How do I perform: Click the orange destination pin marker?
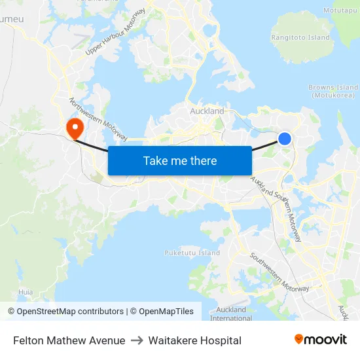pyautogui.click(x=75, y=126)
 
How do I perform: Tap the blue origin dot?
pyautogui.click(x=285, y=139)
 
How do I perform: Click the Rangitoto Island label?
pyautogui.click(x=301, y=38)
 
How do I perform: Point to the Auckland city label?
pyautogui.click(x=207, y=111)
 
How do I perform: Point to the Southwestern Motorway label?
pyautogui.click(x=278, y=272)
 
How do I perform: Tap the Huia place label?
pyautogui.click(x=26, y=292)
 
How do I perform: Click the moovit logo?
pyautogui.click(x=321, y=340)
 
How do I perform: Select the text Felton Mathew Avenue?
pyautogui.click(x=69, y=340)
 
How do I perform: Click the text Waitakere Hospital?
pyautogui.click(x=195, y=340)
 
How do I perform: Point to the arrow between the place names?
pyautogui.click(x=137, y=340)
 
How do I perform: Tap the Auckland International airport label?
pyautogui.click(x=231, y=314)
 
